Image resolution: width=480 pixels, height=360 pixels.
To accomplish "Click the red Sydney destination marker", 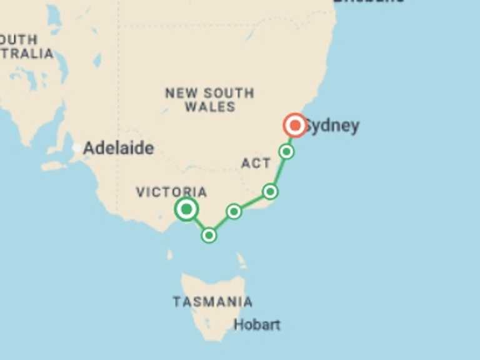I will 294,126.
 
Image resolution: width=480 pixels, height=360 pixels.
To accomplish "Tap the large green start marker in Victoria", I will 186,209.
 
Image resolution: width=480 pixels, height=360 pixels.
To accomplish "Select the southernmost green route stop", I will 209,235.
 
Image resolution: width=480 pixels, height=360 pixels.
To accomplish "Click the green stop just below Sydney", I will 286,151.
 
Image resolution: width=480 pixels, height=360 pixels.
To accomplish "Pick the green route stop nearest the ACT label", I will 270,191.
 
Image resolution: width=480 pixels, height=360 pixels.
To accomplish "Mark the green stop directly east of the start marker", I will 234,211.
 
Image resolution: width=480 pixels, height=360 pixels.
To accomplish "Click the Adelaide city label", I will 118,148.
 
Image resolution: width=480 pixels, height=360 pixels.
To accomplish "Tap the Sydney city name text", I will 333,126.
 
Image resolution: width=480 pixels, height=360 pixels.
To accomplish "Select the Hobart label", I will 257,324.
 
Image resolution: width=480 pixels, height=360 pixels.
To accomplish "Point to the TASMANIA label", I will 212,302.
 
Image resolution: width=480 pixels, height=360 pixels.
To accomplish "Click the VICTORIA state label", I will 171,192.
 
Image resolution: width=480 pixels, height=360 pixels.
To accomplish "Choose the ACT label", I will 256,164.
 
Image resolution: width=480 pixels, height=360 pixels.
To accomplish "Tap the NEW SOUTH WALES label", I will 209,100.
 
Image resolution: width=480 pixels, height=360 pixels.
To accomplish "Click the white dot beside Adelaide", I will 76,148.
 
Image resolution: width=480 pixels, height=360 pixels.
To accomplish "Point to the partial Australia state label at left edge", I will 25,46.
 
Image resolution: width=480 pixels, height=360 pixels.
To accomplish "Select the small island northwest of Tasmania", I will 170,255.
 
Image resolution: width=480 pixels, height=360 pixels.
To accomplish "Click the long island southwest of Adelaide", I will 54,166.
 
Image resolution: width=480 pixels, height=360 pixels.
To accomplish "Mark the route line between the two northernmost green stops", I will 278,171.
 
